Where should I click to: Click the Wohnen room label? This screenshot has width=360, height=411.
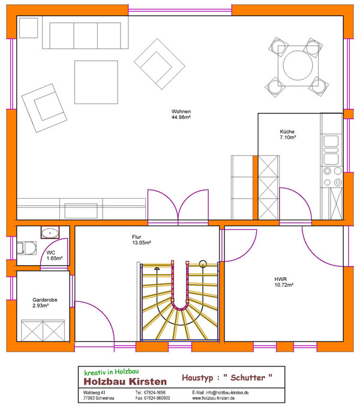coord(181,112)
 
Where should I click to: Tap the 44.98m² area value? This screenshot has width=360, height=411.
coord(181,118)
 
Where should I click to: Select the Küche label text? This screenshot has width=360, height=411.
coord(287,131)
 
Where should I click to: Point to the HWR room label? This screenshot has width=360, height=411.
coord(281,279)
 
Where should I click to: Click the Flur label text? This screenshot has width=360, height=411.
coord(137,237)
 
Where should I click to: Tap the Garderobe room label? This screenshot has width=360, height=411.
coord(45,299)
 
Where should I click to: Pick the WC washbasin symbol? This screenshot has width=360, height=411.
coord(50,232)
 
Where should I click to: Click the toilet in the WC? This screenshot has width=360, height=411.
coord(27,248)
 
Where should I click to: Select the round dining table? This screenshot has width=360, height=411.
coord(298,65)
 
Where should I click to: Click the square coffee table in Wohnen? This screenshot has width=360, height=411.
coord(96,82)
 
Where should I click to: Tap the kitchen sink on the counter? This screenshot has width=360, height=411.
coord(331,150)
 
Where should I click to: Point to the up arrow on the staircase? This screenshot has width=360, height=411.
coord(157,269)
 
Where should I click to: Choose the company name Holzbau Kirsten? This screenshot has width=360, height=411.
coord(125,382)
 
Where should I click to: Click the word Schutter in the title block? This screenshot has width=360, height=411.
coord(248,378)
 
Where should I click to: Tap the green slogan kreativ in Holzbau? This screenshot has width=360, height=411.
coord(112,371)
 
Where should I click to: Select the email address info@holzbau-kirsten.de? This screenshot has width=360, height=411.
coord(227,392)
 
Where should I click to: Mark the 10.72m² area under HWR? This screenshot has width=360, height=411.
coord(284,285)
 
